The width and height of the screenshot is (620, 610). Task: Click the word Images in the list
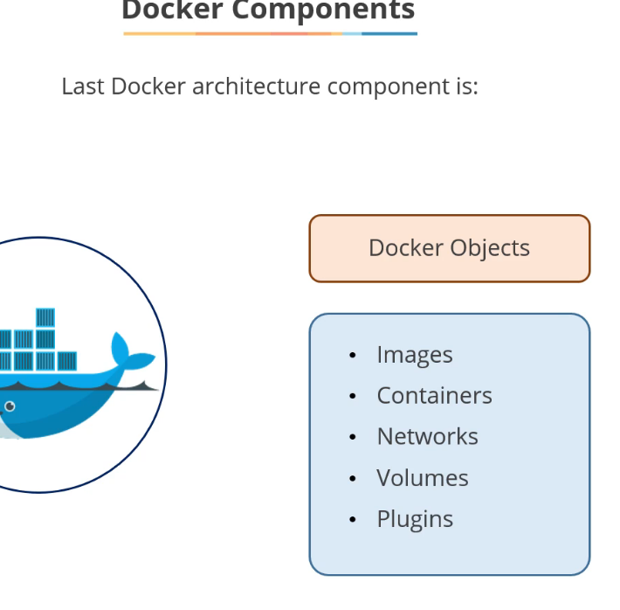tap(414, 355)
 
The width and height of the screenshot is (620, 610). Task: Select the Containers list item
tap(434, 396)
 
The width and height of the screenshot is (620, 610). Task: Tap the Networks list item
tap(427, 437)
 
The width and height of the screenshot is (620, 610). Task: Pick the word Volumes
tap(422, 478)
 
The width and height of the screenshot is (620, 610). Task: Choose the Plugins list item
tap(415, 519)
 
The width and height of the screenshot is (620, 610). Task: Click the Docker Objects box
tap(449, 248)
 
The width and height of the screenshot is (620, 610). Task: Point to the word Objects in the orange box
tap(490, 248)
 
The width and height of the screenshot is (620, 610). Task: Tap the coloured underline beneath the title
tap(270, 33)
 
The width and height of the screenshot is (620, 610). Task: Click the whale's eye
tap(10, 406)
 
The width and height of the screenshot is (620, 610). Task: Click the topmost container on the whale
tap(45, 317)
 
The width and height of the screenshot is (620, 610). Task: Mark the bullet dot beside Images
tap(352, 356)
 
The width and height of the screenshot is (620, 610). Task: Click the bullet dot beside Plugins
tap(352, 520)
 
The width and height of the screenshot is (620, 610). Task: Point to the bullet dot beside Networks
tap(352, 438)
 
